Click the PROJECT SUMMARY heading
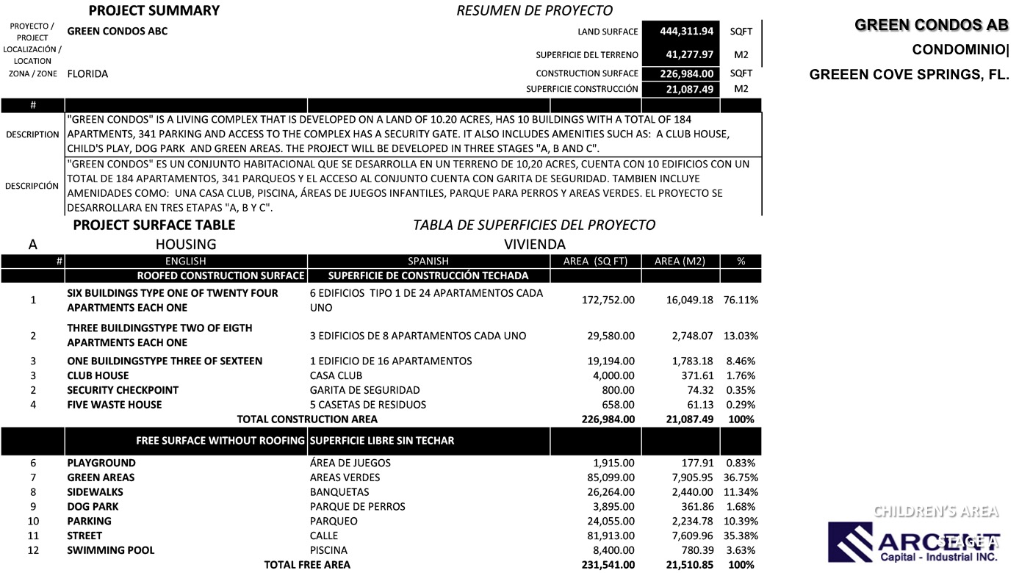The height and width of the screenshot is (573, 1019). [154, 10]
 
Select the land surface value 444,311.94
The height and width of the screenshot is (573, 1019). [686, 31]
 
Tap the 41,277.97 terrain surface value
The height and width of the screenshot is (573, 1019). [689, 54]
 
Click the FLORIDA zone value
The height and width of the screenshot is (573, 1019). [87, 73]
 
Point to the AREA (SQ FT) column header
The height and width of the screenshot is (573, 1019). [595, 261]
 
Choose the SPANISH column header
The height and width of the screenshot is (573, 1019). [428, 261]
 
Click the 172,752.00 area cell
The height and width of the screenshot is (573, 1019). [608, 300]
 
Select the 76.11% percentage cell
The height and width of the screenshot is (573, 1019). [741, 300]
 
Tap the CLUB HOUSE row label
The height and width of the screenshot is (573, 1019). [98, 375]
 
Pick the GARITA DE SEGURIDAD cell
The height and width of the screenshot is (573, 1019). [365, 390]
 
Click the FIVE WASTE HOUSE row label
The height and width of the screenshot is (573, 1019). [115, 405]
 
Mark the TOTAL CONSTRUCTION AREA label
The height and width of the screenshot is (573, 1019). [307, 419]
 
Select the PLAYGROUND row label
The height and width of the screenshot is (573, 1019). [101, 463]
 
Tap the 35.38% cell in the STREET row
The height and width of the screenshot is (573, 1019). [741, 536]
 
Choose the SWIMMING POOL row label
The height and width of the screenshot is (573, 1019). [111, 550]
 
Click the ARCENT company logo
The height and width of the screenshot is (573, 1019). [914, 542]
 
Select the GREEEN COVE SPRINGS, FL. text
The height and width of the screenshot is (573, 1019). [909, 75]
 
